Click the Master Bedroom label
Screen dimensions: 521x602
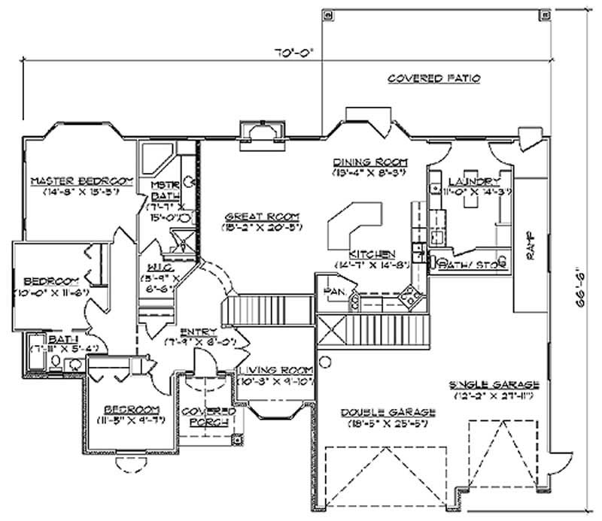coord(81,181)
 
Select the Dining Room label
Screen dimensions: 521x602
coord(369,162)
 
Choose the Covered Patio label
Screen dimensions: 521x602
coord(434,78)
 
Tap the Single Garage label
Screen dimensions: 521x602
coord(494,385)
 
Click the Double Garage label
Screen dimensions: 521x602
coord(388,412)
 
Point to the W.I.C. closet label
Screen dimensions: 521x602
coord(160,266)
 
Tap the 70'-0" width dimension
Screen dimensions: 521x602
coord(293,53)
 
